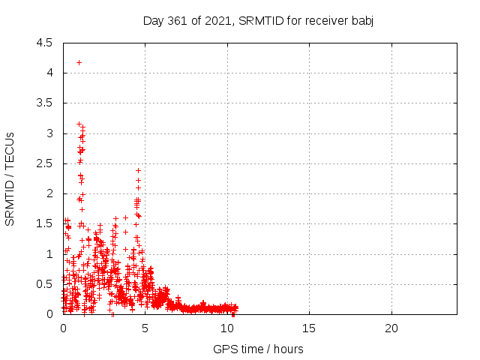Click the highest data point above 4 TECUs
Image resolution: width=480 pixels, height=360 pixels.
[x=79, y=63]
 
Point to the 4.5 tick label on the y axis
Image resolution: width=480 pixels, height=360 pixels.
[x=44, y=43]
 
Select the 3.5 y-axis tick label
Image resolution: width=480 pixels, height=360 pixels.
[x=44, y=103]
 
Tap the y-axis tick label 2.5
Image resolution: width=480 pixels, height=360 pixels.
[x=44, y=163]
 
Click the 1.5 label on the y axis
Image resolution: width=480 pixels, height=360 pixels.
[x=44, y=223]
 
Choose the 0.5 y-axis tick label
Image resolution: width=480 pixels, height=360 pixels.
[x=44, y=284]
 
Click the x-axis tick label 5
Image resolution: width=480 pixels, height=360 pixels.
[x=145, y=328]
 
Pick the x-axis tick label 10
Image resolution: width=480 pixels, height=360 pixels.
[x=227, y=328]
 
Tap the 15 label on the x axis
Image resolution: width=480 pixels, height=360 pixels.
[x=309, y=328]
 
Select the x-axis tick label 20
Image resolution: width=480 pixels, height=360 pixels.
[x=391, y=328]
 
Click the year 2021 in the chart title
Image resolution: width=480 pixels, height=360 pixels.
[x=218, y=21]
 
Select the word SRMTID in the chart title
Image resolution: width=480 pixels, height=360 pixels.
[x=261, y=21]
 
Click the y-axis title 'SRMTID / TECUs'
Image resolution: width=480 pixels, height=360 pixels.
[x=10, y=179]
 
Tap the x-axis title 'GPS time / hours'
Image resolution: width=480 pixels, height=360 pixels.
[x=258, y=349]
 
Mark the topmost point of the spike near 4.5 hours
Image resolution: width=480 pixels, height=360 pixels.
[x=138, y=170]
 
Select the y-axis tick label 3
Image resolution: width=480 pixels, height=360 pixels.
[x=49, y=133]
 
